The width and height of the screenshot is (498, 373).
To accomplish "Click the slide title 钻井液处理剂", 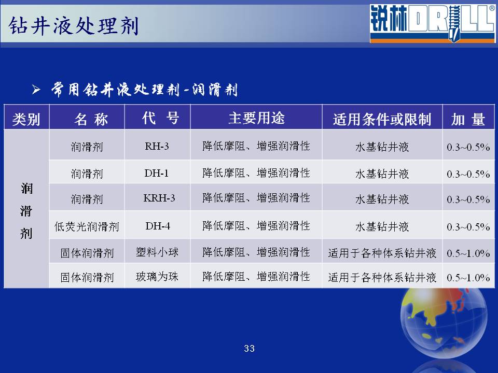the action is [x=73, y=26].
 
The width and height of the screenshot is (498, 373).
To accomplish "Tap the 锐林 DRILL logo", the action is [x=432, y=23].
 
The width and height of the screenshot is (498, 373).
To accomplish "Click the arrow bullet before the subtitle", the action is [x=36, y=90].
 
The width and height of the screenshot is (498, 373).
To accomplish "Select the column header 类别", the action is [x=26, y=120].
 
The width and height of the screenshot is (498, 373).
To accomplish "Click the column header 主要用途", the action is [x=256, y=118].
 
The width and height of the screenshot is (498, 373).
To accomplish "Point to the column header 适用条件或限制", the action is [x=382, y=120].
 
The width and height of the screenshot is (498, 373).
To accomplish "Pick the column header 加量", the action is [x=468, y=120].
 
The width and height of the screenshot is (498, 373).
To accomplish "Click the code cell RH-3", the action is [x=157, y=146].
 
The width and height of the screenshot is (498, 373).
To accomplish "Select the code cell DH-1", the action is [x=156, y=173].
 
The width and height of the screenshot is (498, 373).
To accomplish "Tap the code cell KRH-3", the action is [x=159, y=198].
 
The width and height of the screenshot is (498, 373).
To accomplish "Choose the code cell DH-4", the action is [x=158, y=226].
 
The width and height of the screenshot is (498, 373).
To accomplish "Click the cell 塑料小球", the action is [x=157, y=252].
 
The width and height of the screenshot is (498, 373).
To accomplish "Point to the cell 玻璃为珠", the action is [x=157, y=277].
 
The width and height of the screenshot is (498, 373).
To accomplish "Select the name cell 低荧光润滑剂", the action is [x=87, y=226].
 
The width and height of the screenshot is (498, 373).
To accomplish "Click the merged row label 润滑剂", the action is [x=26, y=211].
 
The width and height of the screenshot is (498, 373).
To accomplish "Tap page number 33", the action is [x=250, y=349].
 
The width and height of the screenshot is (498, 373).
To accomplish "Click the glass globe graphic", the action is [x=444, y=323].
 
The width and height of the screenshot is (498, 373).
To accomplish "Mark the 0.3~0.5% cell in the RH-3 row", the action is [x=468, y=147].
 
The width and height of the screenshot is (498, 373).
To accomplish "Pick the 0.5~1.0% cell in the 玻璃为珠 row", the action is [x=468, y=278].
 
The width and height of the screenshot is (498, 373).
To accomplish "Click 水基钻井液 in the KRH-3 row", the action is [x=382, y=199].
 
